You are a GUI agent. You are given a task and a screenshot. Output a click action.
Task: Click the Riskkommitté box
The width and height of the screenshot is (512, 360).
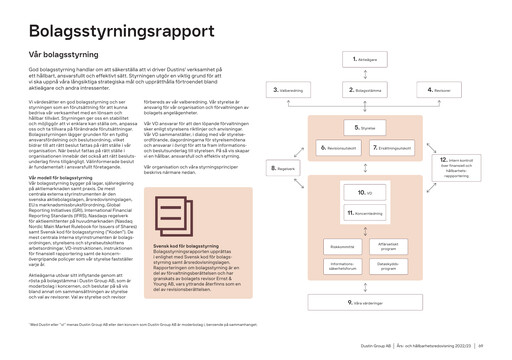click(342, 246)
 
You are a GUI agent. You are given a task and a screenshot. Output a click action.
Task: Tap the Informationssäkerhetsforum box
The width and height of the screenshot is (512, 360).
click(342, 267)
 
